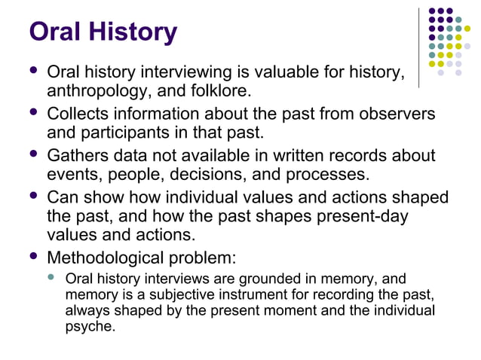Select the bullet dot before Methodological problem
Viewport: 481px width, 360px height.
[32, 256]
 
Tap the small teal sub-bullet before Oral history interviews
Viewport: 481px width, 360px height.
[51, 277]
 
